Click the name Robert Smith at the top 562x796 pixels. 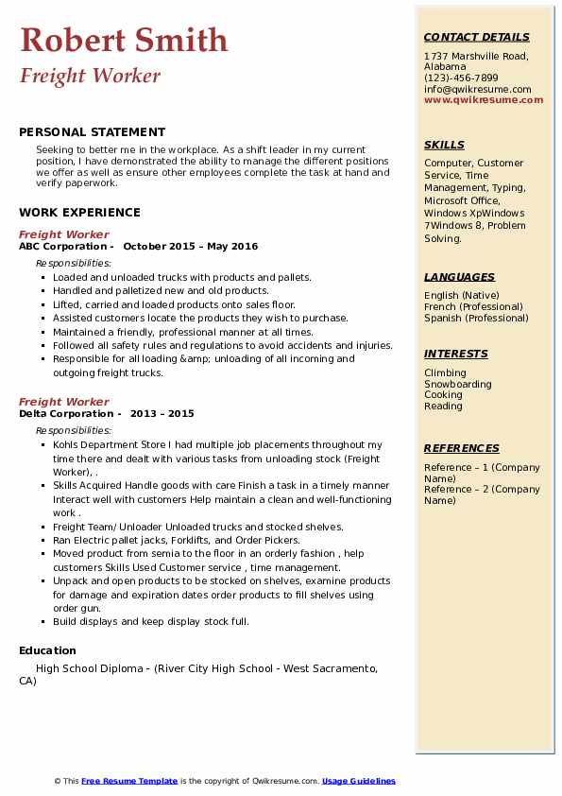click(124, 40)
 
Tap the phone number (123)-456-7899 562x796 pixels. click(461, 78)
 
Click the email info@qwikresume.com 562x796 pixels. click(477, 90)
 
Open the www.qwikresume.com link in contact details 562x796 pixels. click(477, 100)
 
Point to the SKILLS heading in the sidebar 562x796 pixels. click(444, 145)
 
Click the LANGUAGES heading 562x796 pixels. click(459, 277)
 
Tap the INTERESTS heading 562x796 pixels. click(456, 354)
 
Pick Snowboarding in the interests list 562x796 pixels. click(458, 384)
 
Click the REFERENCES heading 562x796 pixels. click(461, 448)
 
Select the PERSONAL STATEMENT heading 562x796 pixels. click(92, 132)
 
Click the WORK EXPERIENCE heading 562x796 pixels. click(79, 213)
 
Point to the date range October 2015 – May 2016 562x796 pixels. click(190, 247)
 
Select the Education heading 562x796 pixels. click(47, 650)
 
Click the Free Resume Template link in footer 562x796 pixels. click(129, 781)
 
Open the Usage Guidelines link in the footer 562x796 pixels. click(359, 781)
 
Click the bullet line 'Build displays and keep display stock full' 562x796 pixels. click(151, 622)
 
